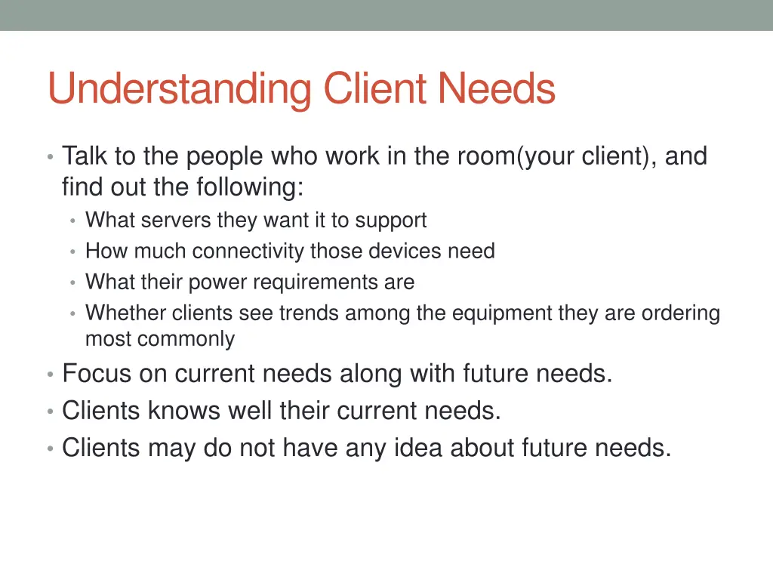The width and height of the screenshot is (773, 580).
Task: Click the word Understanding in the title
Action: [179, 90]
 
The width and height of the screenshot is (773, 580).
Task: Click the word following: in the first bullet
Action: [250, 187]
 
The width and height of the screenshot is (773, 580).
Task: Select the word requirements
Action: [317, 282]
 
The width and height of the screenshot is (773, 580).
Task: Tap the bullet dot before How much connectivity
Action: [72, 252]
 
